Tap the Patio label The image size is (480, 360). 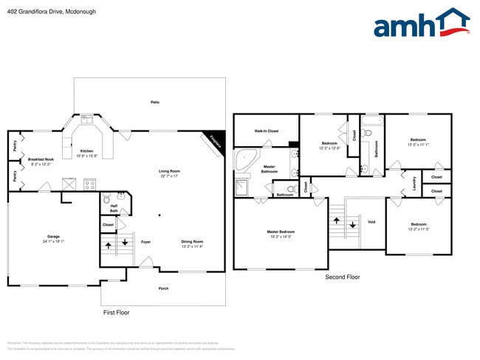(x=155, y=102)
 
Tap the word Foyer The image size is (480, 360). (x=146, y=241)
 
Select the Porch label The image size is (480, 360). (x=164, y=288)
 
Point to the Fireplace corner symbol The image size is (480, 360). (x=214, y=140)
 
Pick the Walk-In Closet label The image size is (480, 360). (x=266, y=131)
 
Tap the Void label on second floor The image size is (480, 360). (x=371, y=221)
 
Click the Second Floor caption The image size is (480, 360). (x=343, y=277)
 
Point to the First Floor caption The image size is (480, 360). (x=116, y=312)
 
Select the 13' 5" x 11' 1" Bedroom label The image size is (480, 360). (x=418, y=142)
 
